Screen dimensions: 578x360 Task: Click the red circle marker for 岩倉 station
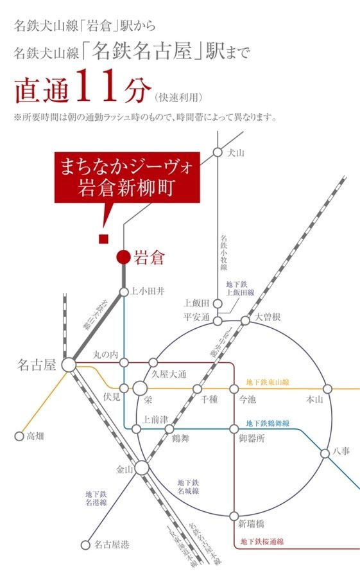[x=124, y=258]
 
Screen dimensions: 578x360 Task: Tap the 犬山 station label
[x=237, y=153]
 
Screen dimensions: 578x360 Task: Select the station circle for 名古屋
[x=69, y=365]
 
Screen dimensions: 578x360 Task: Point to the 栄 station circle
[x=141, y=389]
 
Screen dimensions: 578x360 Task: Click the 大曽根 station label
[x=268, y=317]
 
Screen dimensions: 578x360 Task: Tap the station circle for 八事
[x=325, y=453]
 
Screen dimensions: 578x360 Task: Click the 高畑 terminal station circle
[x=19, y=436]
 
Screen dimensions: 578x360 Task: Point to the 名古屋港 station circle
[x=85, y=545]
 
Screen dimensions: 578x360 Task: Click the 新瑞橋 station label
[x=251, y=523]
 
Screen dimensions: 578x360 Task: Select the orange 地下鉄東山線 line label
[x=268, y=383]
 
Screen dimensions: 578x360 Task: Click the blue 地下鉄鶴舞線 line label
[x=268, y=424]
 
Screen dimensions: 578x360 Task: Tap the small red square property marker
[x=102, y=240]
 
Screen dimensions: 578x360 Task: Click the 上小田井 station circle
[x=124, y=292]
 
